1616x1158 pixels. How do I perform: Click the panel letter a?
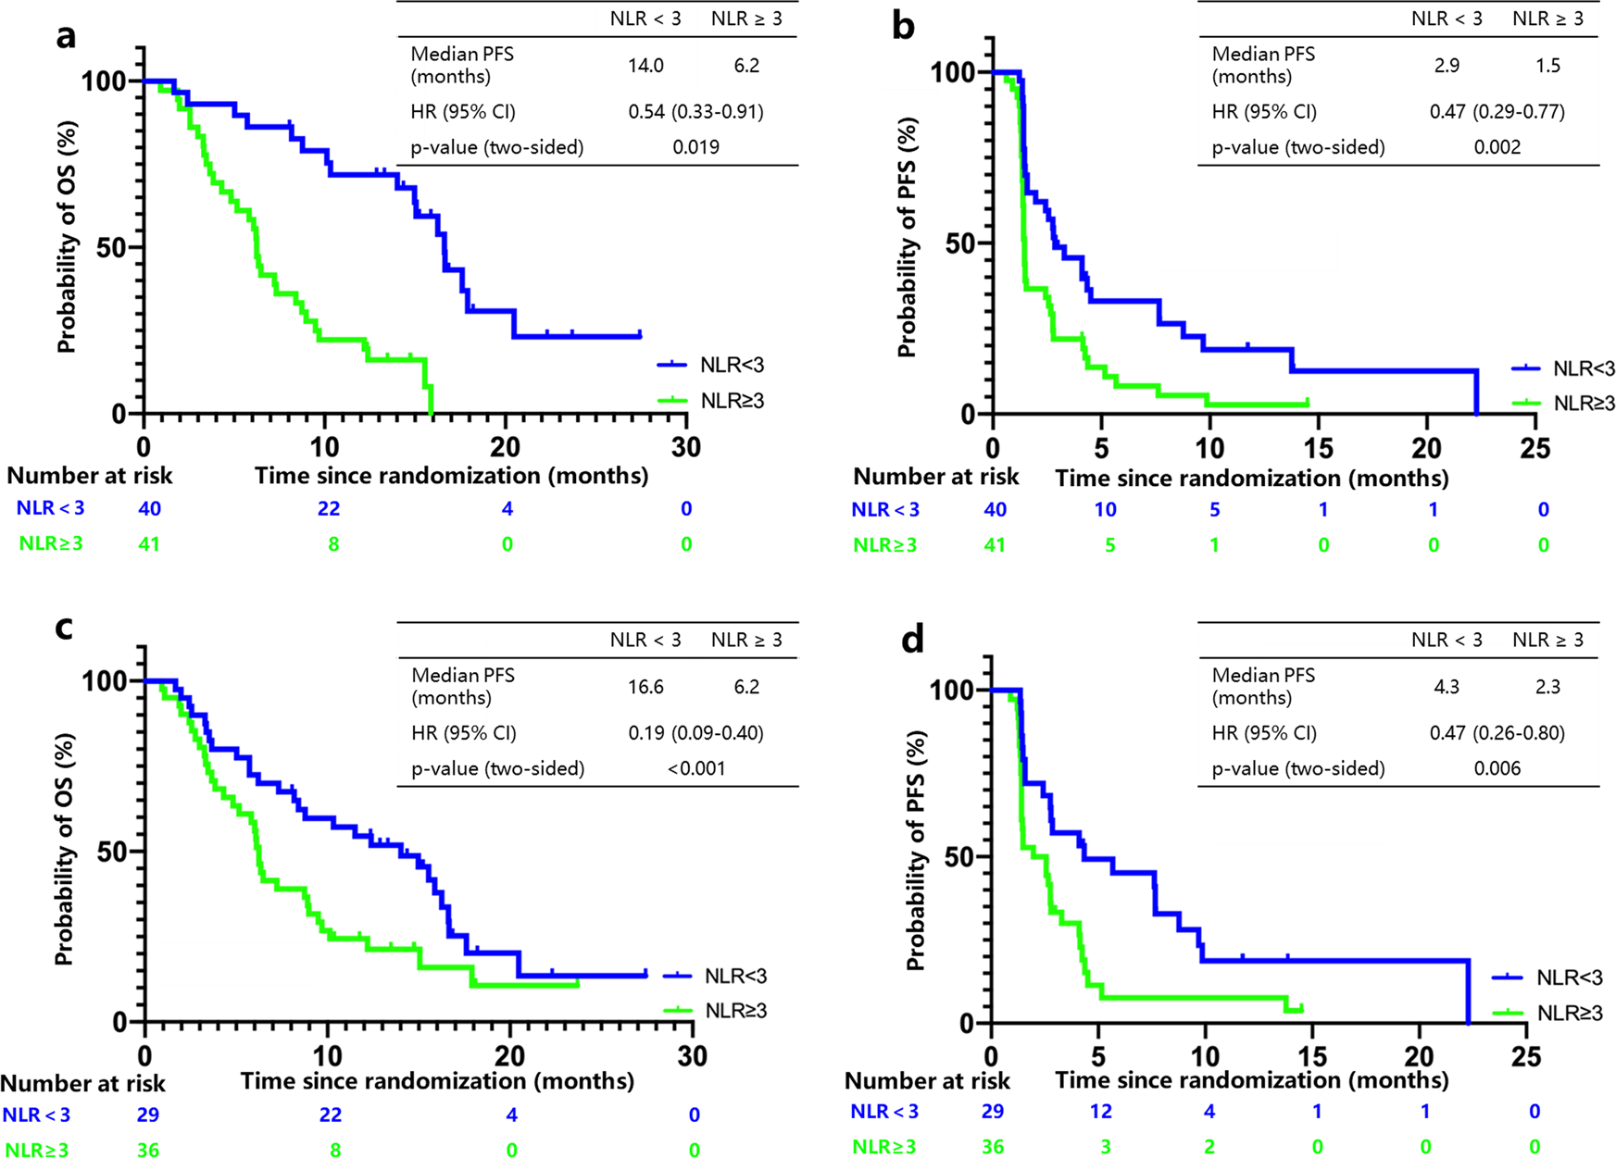(66, 37)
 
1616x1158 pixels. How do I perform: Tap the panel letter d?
(912, 639)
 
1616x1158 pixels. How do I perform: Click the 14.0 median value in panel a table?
(645, 66)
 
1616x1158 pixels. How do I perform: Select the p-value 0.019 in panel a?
(695, 147)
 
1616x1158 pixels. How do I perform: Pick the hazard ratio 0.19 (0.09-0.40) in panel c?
(695, 733)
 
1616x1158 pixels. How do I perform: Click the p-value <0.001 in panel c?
(696, 768)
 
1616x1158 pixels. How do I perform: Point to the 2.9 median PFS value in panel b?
(1447, 66)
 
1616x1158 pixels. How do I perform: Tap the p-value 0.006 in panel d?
(1497, 768)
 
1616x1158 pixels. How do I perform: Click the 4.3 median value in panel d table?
(1447, 687)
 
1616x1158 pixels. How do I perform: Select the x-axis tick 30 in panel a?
(685, 447)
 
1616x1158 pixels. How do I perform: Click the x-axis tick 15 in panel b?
(1319, 449)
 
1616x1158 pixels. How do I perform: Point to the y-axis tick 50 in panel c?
(111, 852)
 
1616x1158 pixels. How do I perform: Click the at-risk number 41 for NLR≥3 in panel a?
(149, 544)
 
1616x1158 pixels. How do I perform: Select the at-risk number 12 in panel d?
(1100, 1111)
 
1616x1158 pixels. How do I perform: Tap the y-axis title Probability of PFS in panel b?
(907, 238)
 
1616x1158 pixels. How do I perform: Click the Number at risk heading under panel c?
(82, 1083)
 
